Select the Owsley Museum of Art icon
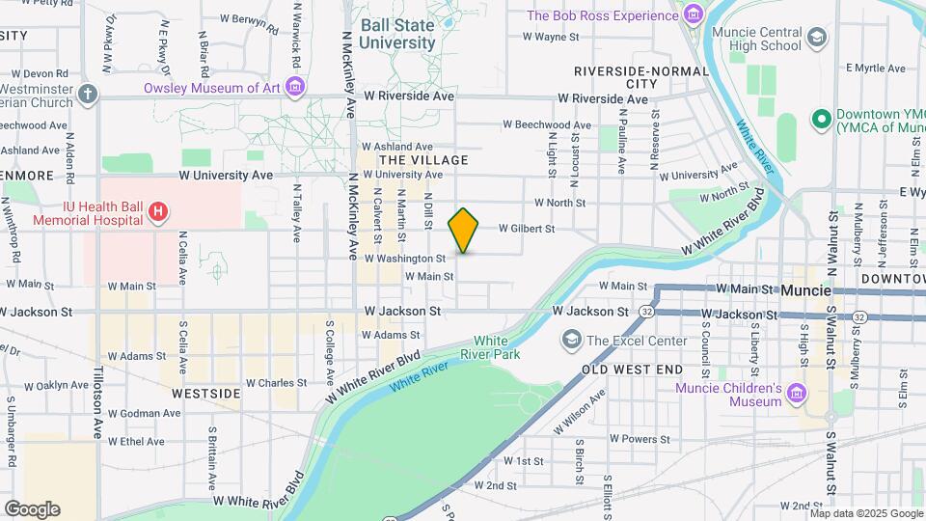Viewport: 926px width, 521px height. [295, 88]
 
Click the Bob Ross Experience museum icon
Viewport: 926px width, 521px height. [693, 15]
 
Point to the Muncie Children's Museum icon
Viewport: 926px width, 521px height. [796, 394]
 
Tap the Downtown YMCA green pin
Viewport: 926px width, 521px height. [822, 119]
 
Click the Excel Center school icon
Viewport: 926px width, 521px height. [572, 341]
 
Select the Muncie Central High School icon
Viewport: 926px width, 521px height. [817, 38]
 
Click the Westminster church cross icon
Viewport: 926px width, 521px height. [88, 94]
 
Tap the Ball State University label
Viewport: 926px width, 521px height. [396, 34]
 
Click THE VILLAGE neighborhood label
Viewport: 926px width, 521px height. [423, 160]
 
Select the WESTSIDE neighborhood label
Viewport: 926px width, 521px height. [205, 394]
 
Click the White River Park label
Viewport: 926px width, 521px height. [497, 347]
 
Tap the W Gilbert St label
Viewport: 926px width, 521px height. [527, 229]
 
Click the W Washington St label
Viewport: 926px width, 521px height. [405, 259]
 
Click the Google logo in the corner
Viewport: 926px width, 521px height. [32, 508]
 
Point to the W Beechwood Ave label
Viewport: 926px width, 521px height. [547, 124]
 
